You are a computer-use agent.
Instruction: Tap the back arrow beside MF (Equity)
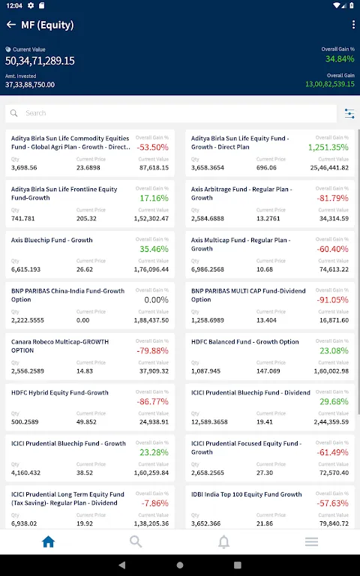11,25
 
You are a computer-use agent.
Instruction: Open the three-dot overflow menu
353,25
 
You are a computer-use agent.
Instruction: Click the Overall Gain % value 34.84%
340,58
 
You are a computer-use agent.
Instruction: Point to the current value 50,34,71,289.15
40,61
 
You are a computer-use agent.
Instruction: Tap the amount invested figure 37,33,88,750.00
30,85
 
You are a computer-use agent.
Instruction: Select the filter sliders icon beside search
349,113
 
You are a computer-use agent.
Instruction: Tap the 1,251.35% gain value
328,147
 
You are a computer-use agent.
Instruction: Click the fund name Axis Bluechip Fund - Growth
52,240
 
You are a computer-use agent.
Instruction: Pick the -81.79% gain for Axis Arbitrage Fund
332,198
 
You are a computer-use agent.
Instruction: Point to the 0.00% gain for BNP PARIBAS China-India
156,300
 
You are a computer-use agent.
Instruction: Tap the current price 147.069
268,371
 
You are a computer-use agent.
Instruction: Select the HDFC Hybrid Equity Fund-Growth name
59,393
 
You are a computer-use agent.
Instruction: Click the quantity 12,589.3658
209,421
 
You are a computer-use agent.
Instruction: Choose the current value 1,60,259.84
151,472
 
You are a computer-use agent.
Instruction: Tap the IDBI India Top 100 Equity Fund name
247,494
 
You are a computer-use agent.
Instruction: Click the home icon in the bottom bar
48,541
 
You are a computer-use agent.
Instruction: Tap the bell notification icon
223,541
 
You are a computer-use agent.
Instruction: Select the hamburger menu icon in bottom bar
311,541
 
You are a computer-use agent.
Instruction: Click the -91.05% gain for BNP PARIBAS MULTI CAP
332,300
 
